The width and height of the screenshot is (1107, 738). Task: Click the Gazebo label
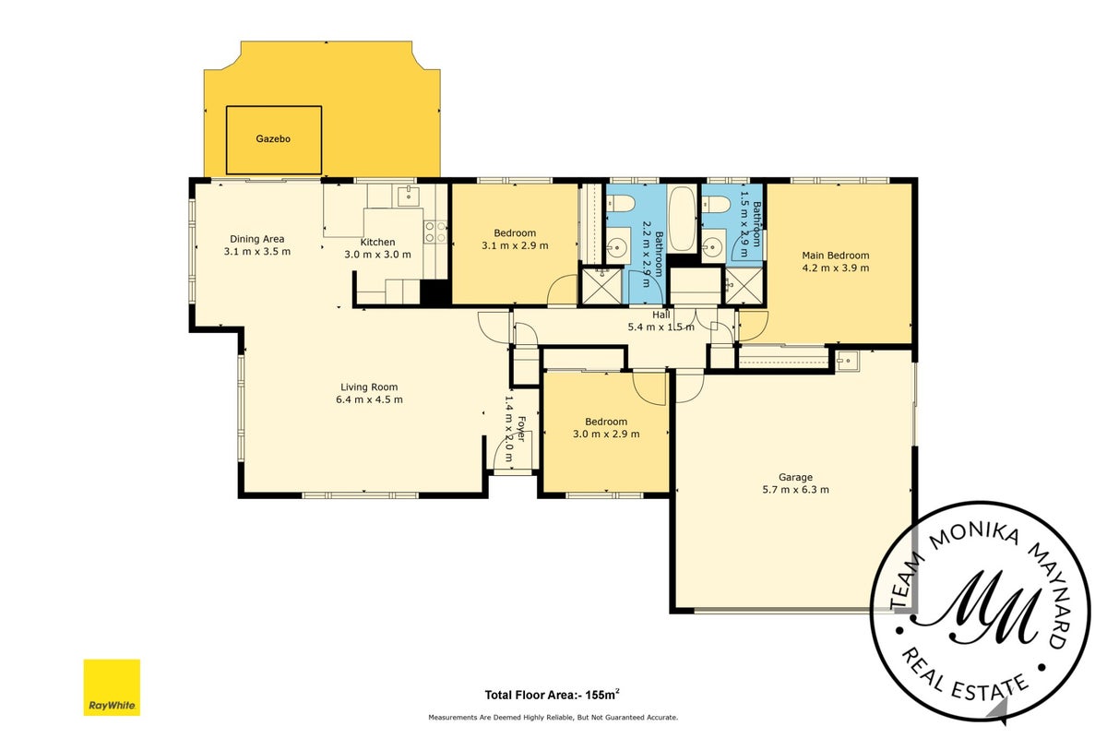tap(273, 139)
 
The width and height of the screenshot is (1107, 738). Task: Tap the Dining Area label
tap(257, 239)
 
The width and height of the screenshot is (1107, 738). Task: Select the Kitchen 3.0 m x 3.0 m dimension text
tap(377, 255)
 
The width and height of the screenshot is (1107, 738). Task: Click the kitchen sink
tap(409, 196)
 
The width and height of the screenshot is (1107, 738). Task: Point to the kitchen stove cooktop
tap(435, 232)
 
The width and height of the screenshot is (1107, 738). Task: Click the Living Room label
tap(369, 387)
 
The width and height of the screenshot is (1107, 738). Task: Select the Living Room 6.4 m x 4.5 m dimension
tap(369, 399)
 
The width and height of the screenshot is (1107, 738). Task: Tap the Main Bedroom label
tap(835, 256)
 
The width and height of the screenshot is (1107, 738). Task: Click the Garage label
tap(795, 477)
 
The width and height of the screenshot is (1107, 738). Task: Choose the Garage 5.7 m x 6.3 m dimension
tap(795, 490)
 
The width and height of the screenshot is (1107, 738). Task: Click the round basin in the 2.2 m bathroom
tap(616, 245)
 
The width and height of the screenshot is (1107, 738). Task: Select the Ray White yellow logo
tap(112, 687)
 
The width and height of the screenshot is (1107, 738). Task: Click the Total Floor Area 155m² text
tap(552, 695)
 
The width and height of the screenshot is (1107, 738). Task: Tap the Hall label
tap(661, 315)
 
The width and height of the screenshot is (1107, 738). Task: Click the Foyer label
tap(521, 429)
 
